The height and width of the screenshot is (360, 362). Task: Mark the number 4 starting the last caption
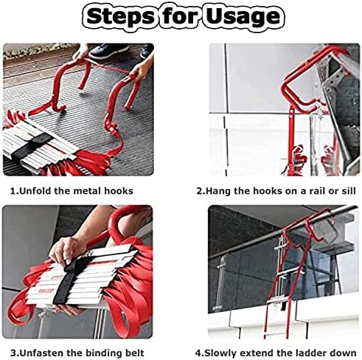point(199,352)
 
